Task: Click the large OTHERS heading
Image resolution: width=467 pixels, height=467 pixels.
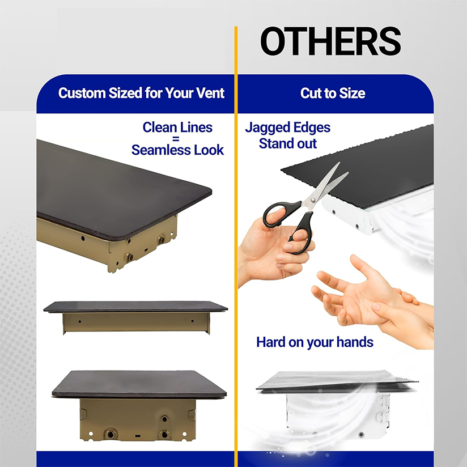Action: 330,41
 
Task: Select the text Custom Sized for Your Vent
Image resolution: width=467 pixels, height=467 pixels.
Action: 141,93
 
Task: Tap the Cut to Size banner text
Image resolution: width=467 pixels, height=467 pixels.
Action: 333,94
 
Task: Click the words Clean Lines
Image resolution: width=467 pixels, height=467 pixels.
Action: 177,128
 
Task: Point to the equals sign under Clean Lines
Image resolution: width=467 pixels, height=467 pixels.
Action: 177,139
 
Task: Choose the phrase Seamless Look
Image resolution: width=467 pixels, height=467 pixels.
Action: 177,150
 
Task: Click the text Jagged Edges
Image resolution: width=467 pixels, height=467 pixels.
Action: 287,128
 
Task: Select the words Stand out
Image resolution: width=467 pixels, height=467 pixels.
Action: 287,144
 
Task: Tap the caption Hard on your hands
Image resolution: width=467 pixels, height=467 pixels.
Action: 315,342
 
